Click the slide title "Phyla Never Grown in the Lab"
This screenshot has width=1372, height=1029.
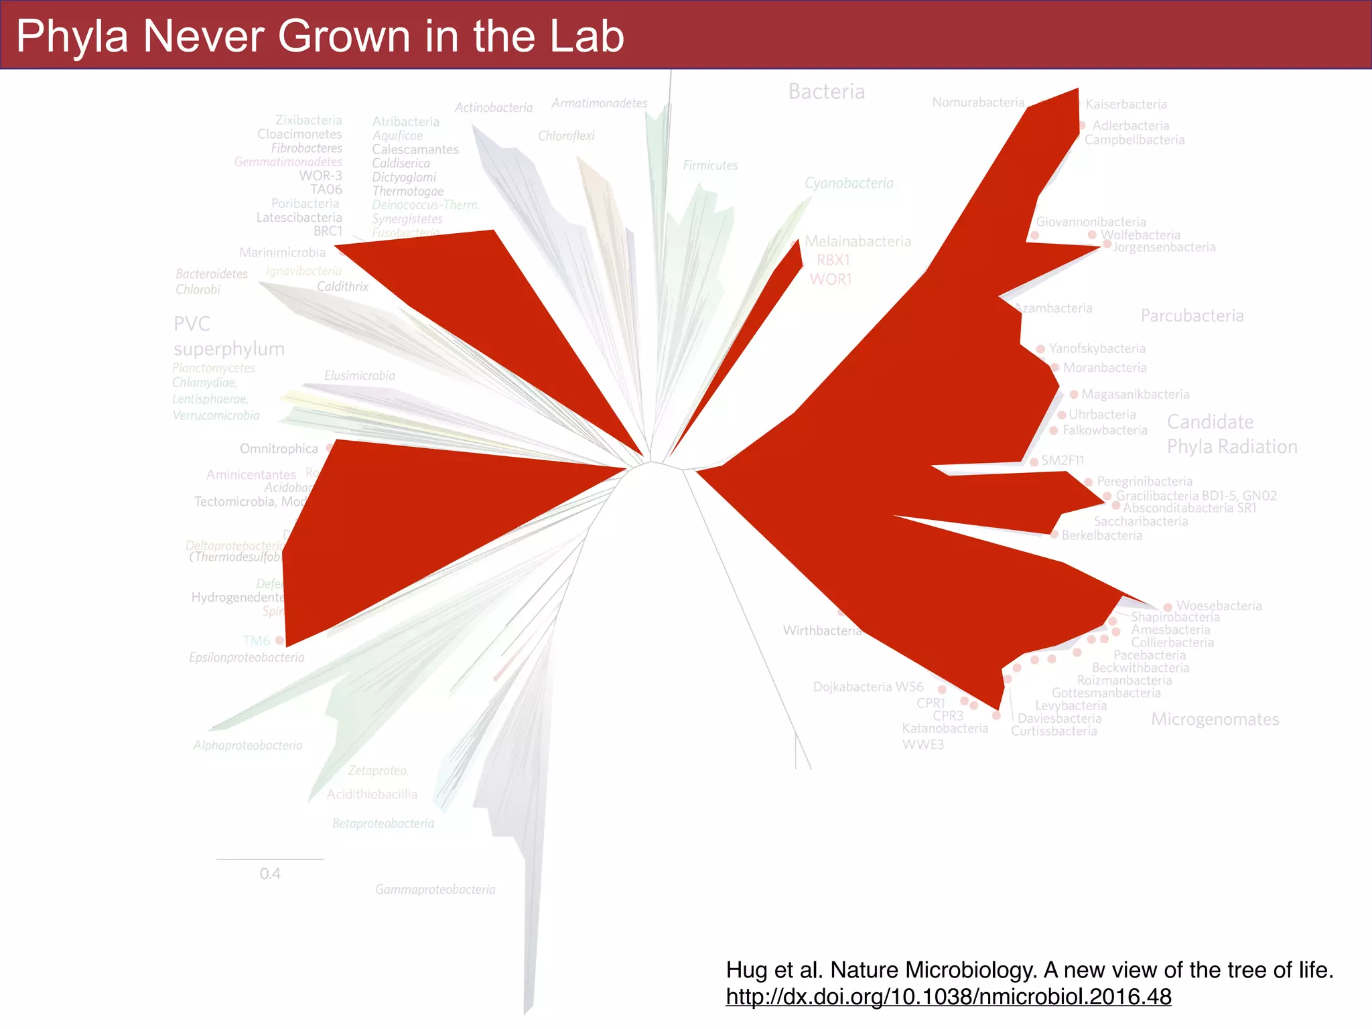[x=320, y=36]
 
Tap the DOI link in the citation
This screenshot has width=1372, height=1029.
[x=948, y=997]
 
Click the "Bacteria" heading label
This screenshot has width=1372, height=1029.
[x=826, y=91]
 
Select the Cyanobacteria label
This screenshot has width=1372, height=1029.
[x=849, y=183]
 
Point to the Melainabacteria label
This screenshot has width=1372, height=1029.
[x=857, y=241]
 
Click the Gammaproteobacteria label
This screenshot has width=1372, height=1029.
[x=435, y=889]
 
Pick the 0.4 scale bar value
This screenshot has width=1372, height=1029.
[x=270, y=874]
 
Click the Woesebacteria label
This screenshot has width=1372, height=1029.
[x=1219, y=606]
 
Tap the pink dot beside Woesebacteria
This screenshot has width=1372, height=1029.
[x=1168, y=607]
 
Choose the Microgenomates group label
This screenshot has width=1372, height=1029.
[x=1215, y=719]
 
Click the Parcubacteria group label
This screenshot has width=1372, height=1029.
[x=1192, y=316]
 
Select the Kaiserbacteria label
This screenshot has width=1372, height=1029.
[x=1125, y=105]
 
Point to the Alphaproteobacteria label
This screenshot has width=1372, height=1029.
[x=247, y=745]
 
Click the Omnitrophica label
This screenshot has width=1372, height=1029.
[x=279, y=448]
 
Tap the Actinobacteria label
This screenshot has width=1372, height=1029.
[x=494, y=107]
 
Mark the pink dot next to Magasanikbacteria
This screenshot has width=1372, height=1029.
[x=1074, y=395]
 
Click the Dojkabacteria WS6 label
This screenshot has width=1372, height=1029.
[x=868, y=687]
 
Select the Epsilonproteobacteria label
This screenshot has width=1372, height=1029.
[x=247, y=657]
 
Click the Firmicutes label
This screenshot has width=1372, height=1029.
[x=710, y=165]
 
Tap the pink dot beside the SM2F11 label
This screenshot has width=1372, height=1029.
[x=1034, y=462]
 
